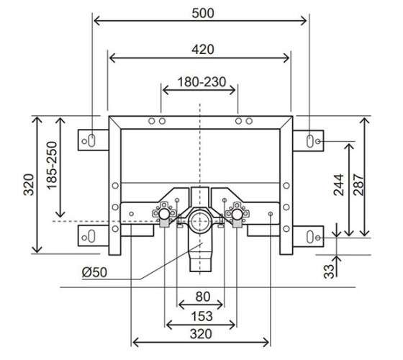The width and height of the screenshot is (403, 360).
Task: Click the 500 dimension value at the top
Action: (203, 13)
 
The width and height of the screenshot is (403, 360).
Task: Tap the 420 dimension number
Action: (203, 50)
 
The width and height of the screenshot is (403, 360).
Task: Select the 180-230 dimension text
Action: (202, 82)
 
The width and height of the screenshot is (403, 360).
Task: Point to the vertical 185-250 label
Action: (52, 166)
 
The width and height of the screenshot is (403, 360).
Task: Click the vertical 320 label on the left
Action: (29, 184)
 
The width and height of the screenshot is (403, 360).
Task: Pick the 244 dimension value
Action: (338, 184)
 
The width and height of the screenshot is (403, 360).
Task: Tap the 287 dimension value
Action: (358, 184)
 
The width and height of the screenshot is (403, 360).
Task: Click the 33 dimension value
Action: (329, 271)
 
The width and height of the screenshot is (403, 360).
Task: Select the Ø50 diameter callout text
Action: (94, 272)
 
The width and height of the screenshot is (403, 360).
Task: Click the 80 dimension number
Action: (203, 297)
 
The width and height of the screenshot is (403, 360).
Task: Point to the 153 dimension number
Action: (202, 316)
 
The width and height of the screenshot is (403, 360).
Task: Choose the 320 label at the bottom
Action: (201, 334)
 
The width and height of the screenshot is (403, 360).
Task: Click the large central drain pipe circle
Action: (199, 221)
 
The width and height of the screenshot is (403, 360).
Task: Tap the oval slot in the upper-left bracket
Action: (92, 140)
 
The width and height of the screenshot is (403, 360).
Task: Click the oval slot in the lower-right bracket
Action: (310, 237)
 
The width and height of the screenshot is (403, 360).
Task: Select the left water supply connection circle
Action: (164, 214)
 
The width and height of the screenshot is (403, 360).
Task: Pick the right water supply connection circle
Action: (237, 214)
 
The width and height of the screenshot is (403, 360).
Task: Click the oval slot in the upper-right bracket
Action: (310, 141)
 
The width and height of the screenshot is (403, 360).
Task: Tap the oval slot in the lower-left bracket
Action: (92, 237)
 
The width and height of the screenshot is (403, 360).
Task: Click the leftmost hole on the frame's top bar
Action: (152, 121)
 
